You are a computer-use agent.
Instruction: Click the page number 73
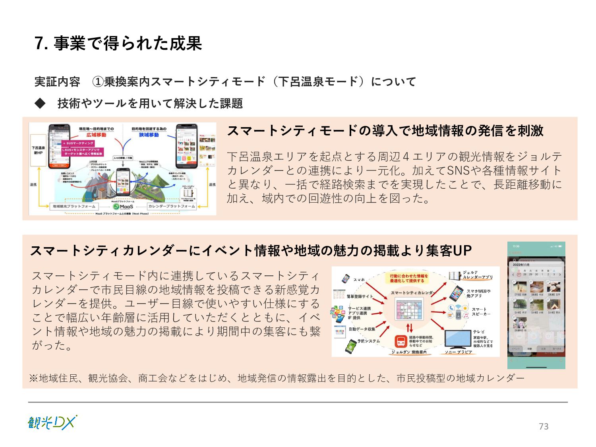point(544,426)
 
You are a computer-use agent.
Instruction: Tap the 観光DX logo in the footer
point(52,423)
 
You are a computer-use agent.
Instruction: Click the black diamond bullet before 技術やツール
point(40,103)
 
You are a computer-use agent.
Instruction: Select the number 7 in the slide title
point(39,44)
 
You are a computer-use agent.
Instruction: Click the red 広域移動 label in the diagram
point(96,135)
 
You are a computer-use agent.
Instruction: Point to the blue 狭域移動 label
point(149,135)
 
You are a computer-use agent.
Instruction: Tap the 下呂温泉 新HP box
point(38,150)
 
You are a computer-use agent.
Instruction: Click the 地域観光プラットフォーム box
point(74,206)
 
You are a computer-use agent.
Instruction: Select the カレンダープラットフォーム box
point(172,206)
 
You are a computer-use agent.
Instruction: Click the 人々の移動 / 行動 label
point(123,158)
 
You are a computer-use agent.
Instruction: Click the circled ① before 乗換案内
point(98,82)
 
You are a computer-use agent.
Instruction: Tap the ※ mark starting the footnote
point(33,378)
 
